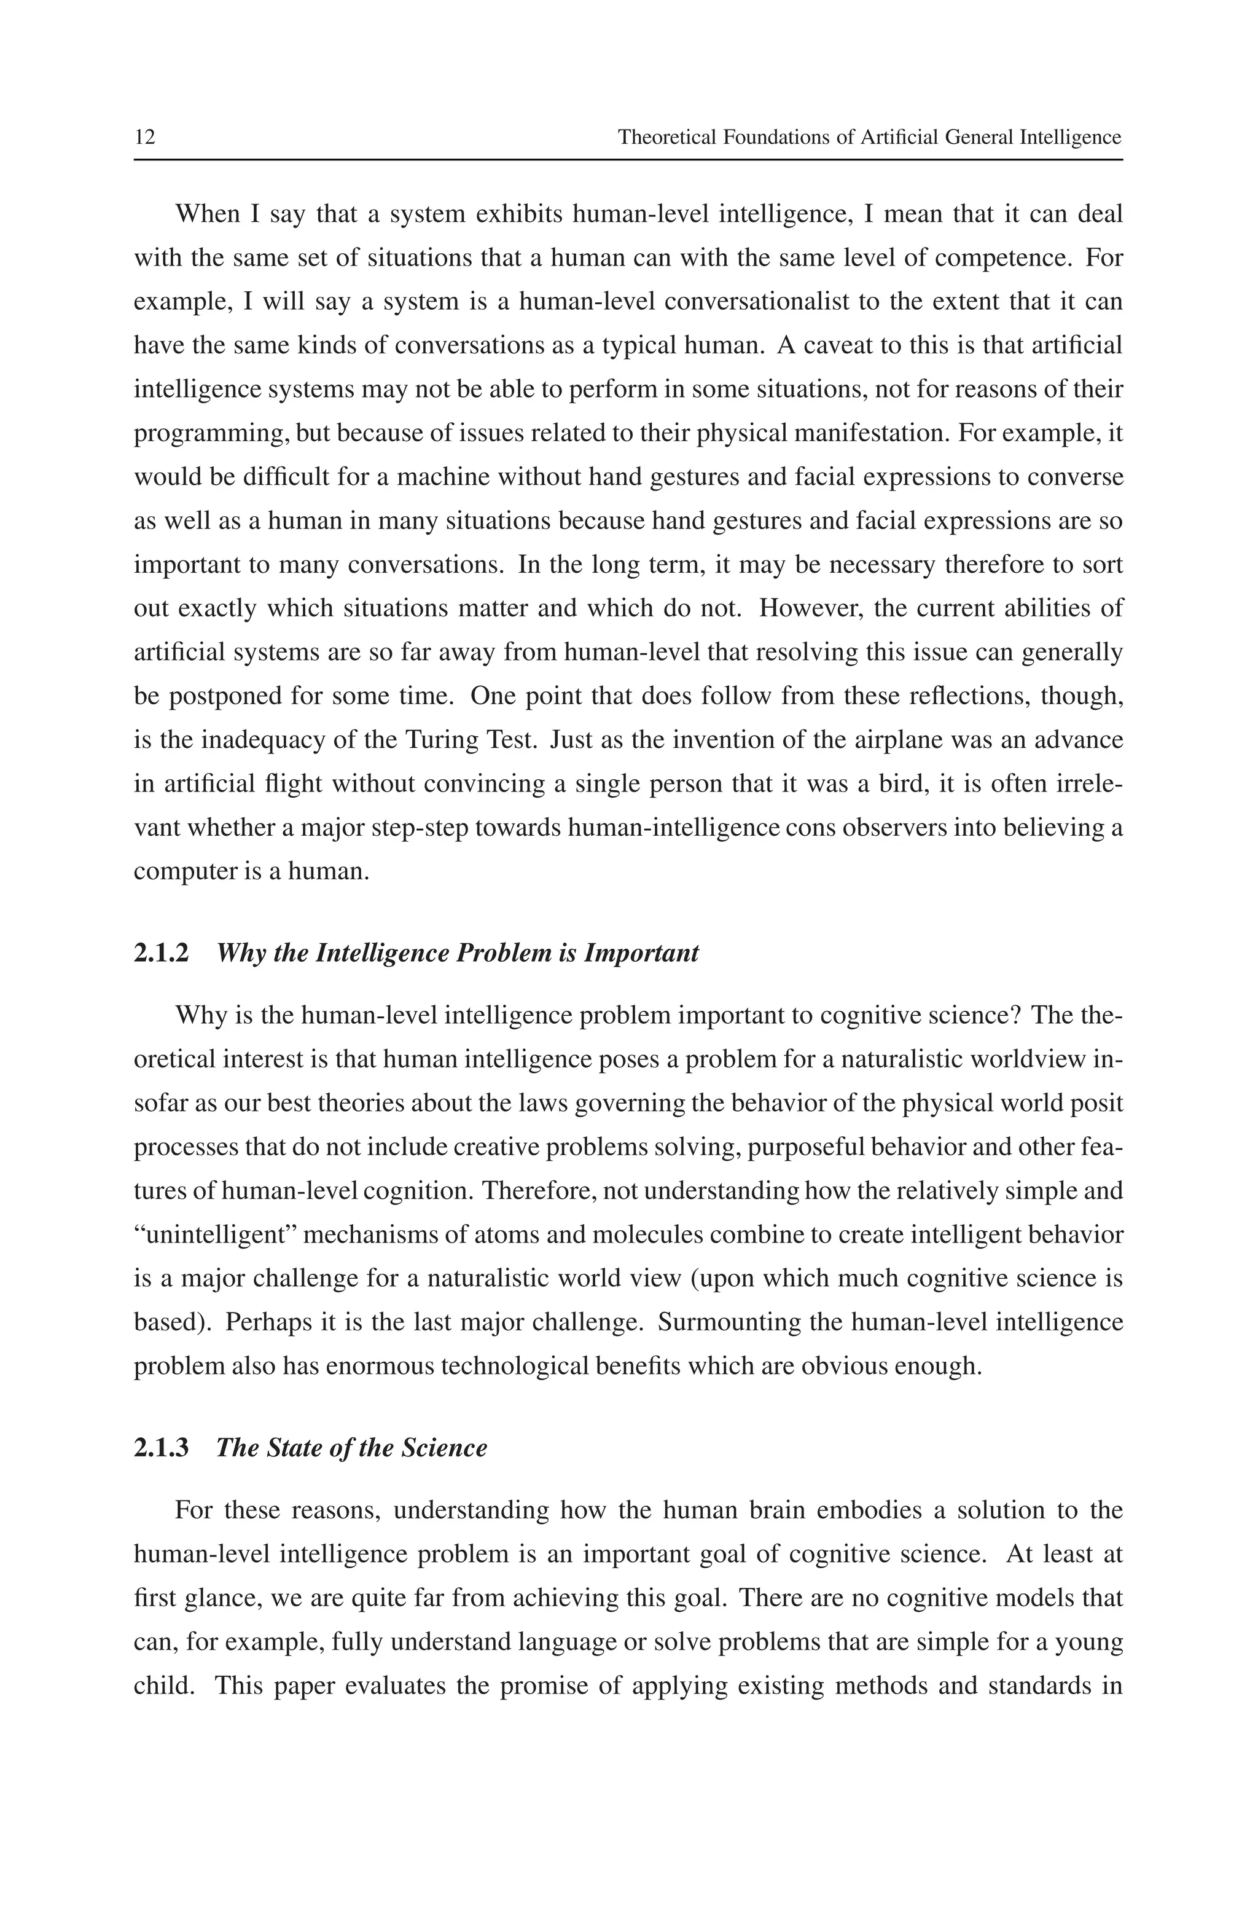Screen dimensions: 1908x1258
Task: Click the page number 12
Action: coord(144,137)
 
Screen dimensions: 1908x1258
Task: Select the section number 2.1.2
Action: coord(162,953)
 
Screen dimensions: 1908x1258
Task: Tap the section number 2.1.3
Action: coord(162,1448)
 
